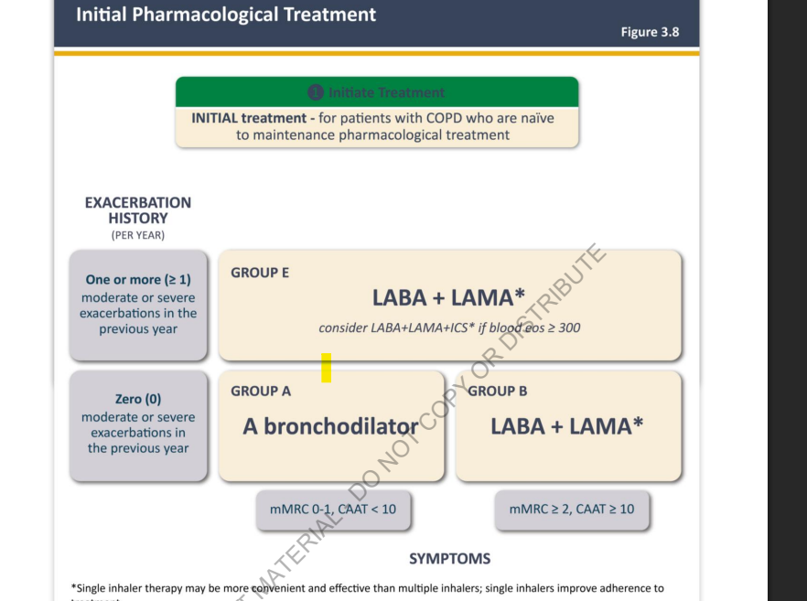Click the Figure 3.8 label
point(650,32)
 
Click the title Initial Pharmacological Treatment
point(226,15)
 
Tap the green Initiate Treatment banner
point(377,92)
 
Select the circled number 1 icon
point(316,92)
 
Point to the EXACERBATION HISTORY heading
point(138,210)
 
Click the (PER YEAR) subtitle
point(138,235)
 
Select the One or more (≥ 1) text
point(138,280)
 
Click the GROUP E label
point(260,273)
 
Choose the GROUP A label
point(261,391)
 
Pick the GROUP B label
point(498,391)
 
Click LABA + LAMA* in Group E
point(448,297)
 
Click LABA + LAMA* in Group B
point(566,425)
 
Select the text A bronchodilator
point(330,425)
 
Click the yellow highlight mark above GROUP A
point(326,368)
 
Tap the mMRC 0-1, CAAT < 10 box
point(333,509)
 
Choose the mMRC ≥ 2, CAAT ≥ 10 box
point(572,509)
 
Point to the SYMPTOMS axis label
point(449,558)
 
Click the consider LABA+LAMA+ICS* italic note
point(449,327)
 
